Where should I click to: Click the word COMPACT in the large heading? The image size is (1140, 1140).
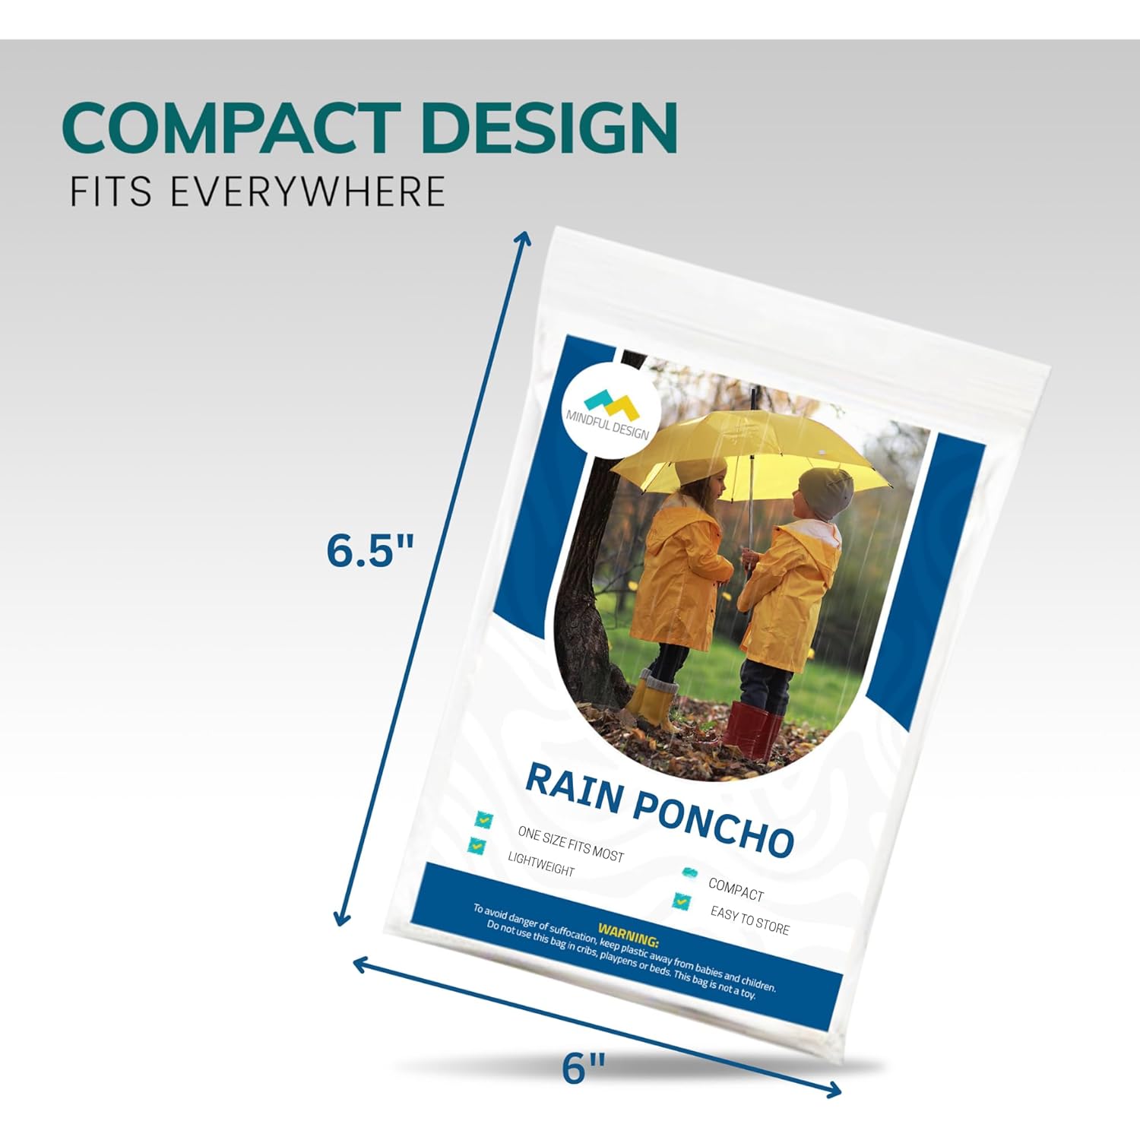click(x=231, y=127)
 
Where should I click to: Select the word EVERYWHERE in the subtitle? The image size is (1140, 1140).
click(x=307, y=191)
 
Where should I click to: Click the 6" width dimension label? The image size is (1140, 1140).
click(x=584, y=1069)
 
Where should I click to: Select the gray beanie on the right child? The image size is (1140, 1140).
click(x=827, y=492)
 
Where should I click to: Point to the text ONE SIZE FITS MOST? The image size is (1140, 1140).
click(x=570, y=844)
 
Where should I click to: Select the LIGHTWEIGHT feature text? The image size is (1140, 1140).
click(x=541, y=865)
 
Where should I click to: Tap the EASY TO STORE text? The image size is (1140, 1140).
click(x=749, y=920)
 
